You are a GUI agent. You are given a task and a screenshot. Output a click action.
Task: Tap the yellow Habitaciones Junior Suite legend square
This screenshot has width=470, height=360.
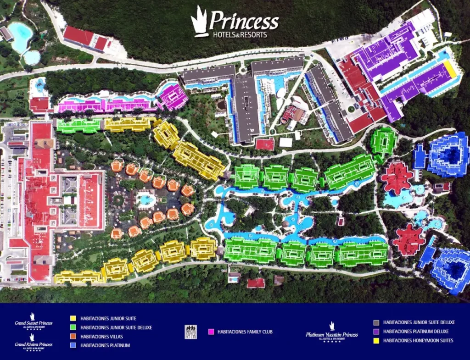pos(73,318)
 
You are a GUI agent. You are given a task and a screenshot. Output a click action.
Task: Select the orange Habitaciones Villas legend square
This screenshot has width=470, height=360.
pos(73,336)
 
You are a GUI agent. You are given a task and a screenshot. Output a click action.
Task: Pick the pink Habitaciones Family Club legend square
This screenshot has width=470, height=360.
pos(211,331)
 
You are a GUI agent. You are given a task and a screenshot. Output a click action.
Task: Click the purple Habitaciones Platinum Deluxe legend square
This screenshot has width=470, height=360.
pos(376,331)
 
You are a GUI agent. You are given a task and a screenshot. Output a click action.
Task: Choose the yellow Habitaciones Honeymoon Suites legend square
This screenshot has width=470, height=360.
pos(376,340)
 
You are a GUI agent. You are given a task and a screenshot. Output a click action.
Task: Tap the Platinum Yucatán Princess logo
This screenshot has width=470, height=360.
pos(332,332)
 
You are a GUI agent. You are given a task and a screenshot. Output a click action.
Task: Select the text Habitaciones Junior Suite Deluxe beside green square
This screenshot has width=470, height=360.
pos(116,327)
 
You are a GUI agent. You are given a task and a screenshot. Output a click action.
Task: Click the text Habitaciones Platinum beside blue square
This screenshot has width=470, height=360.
pos(105,345)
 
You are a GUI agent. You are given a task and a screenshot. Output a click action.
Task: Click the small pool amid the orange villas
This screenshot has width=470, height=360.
pos(146,199)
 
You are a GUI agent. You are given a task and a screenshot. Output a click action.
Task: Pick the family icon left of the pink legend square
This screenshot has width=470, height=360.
pos(190,332)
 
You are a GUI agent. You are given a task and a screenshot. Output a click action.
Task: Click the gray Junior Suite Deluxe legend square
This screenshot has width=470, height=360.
pos(376,322)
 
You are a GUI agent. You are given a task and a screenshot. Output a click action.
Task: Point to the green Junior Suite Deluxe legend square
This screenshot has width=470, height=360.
pos(73,327)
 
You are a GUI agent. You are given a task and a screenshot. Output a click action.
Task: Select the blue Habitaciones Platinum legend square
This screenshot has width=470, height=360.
pos(73,345)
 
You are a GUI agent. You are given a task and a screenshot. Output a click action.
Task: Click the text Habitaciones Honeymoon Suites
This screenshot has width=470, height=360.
pos(418,340)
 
